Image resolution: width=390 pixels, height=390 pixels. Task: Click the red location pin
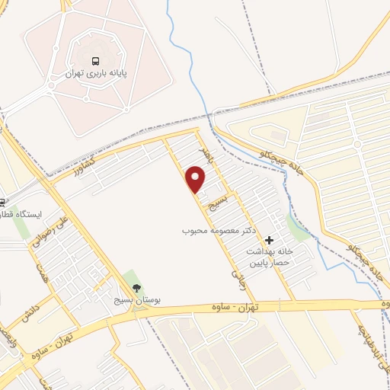(197, 180)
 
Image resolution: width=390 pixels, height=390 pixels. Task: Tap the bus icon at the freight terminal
(96, 61)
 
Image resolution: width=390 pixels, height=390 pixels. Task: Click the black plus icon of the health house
(268, 240)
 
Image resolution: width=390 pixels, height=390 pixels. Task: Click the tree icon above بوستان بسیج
(136, 289)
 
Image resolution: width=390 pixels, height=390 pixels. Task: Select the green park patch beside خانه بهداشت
(298, 227)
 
